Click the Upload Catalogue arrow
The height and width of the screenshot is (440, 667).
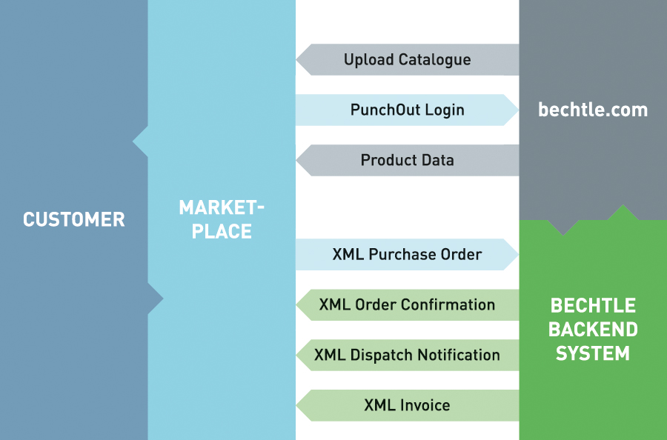pyautogui.click(x=407, y=60)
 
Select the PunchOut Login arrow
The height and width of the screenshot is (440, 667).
pyautogui.click(x=407, y=110)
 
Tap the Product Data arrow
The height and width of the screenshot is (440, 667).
pyautogui.click(x=407, y=160)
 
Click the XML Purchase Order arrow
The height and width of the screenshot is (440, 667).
pyautogui.click(x=407, y=255)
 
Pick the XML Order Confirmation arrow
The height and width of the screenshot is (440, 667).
pyautogui.click(x=407, y=304)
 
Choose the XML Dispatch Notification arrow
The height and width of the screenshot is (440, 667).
pyautogui.click(x=407, y=355)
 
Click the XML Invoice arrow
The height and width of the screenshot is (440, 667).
pyautogui.click(x=407, y=405)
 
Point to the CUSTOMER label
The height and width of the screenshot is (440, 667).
pyautogui.click(x=74, y=219)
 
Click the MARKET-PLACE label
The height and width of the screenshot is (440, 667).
pyautogui.click(x=222, y=219)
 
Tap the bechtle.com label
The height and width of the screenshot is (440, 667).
pyautogui.click(x=593, y=110)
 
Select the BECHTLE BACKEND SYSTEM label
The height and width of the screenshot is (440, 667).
pyautogui.click(x=593, y=329)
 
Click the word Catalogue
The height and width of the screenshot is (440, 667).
pyautogui.click(x=434, y=60)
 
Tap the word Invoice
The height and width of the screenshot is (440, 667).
pyautogui.click(x=425, y=405)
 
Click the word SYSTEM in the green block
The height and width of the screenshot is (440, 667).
pyautogui.click(x=593, y=353)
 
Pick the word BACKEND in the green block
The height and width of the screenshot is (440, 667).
pyautogui.click(x=593, y=329)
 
